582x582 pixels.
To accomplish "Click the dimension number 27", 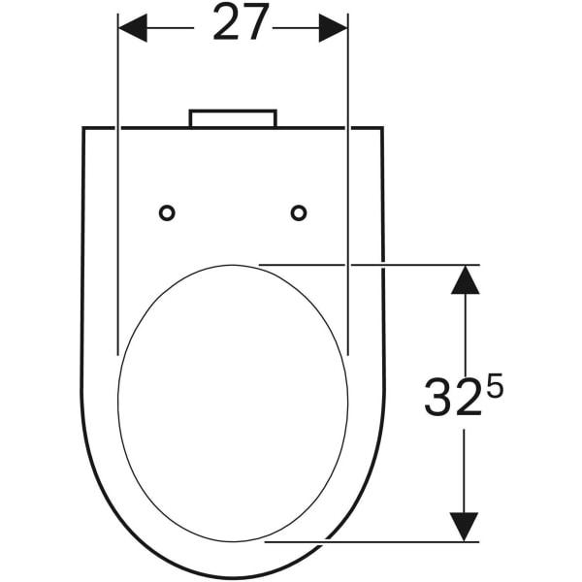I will (241, 25).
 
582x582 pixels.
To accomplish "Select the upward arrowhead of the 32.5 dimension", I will (466, 279).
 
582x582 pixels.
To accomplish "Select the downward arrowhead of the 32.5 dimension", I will (466, 526).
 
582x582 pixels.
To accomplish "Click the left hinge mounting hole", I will (167, 212).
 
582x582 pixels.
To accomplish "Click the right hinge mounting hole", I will (299, 212).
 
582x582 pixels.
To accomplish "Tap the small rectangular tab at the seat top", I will (233, 118).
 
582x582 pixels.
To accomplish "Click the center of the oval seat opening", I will (233, 403).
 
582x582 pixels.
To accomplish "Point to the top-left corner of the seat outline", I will (82, 128).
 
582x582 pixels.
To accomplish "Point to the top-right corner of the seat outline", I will (382, 128).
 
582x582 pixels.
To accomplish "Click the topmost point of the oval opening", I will (233, 264).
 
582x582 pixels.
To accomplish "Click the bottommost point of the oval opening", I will (233, 541).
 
